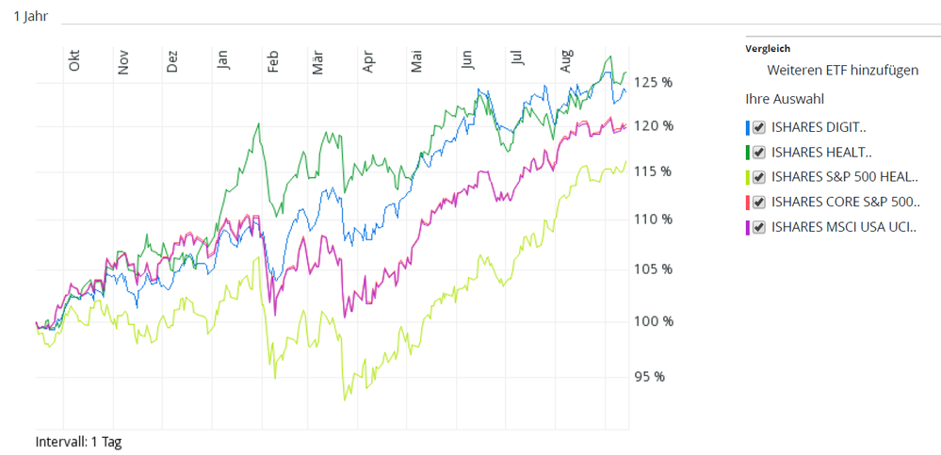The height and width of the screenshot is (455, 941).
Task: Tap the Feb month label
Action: point(273,62)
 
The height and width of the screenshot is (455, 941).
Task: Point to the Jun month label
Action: point(468,59)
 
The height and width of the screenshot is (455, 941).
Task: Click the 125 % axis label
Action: point(653,82)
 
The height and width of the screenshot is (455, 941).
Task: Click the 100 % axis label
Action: point(653,320)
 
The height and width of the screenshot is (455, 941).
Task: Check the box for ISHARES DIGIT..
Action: point(759,126)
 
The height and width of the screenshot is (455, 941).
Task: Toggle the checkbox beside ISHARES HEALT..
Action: point(759,152)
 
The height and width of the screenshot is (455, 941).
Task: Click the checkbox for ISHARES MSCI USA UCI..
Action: point(759,227)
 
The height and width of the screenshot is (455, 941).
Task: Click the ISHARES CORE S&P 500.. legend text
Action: point(845,202)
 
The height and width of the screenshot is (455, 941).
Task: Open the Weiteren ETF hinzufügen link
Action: point(842,70)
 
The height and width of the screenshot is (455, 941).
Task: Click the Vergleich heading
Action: point(768,48)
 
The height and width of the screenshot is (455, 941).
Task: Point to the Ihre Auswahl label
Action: point(784,98)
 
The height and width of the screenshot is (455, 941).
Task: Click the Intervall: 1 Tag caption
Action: point(78,440)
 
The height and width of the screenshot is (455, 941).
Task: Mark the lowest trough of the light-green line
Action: point(345,400)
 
